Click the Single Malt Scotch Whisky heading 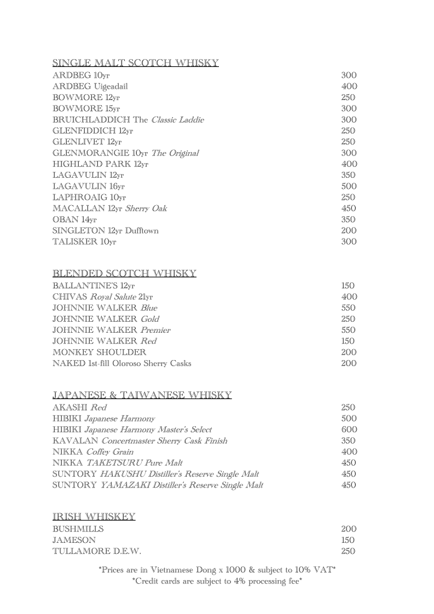tap(136, 63)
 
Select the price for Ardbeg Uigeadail tap(349, 86)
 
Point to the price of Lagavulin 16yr tap(349, 186)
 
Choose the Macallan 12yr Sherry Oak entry tap(109, 208)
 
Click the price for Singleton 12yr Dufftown tap(349, 230)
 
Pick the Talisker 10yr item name tap(84, 242)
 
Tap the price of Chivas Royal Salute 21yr tap(349, 297)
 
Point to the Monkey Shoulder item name tap(99, 352)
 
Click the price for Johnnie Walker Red tap(348, 341)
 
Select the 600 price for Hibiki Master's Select tap(349, 430)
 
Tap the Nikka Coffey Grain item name tap(93, 452)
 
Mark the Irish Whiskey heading tap(94, 516)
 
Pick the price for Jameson tap(348, 540)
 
